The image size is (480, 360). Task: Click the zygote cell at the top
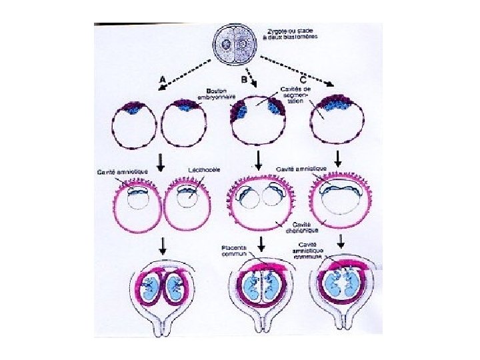click(236, 44)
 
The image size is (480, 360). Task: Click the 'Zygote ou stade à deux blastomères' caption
click(289, 35)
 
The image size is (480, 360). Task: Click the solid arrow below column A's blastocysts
click(159, 160)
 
